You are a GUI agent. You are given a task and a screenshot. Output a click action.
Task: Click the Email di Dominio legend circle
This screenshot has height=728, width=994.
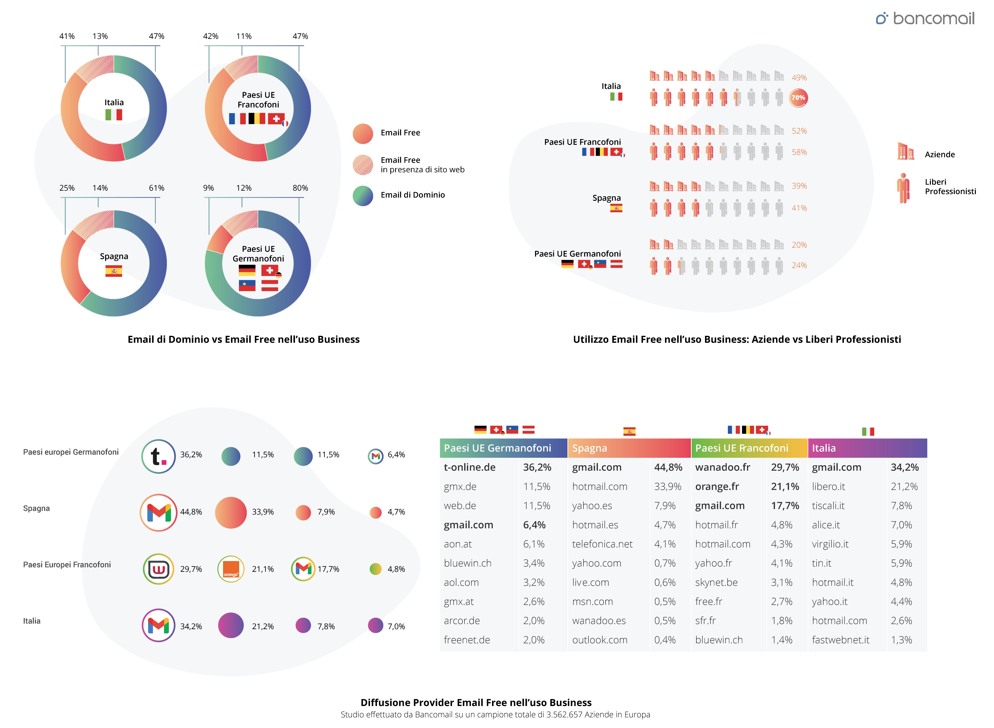(363, 196)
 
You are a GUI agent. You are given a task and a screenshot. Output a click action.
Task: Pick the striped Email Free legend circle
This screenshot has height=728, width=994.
(363, 165)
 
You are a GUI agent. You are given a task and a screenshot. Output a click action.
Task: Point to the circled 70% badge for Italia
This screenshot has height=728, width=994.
(798, 98)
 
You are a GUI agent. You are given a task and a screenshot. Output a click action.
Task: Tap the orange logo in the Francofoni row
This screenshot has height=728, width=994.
(231, 569)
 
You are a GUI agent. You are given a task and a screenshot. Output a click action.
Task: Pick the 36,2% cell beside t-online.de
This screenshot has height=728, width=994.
(537, 467)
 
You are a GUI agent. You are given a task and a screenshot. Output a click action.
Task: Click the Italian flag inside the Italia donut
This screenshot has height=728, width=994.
(114, 115)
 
